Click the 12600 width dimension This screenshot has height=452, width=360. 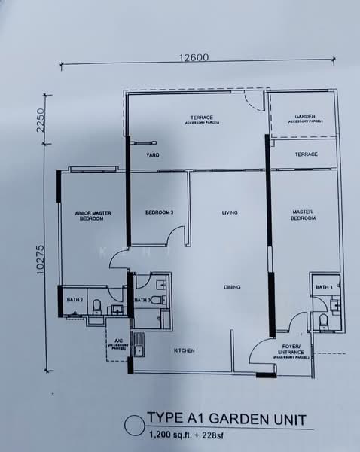[194, 56]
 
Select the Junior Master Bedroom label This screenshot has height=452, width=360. [93, 215]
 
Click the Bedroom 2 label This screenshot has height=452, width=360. [160, 212]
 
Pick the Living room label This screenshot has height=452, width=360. [230, 212]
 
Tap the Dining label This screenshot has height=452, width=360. [232, 287]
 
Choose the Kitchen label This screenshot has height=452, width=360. [185, 351]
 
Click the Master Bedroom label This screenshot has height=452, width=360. [303, 215]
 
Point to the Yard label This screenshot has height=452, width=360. [153, 155]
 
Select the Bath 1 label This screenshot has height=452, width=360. [324, 288]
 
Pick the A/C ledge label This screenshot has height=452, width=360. [117, 347]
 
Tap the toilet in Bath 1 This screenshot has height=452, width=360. [324, 322]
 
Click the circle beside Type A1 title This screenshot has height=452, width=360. [133, 426]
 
